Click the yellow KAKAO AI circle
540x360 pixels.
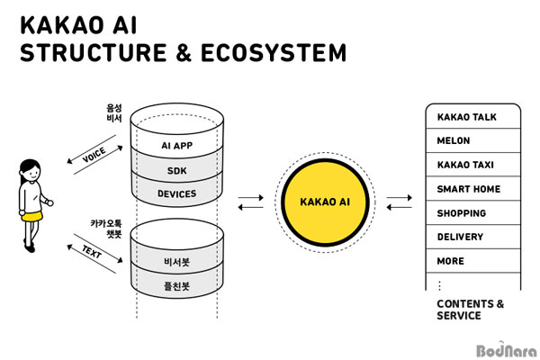click(325, 202)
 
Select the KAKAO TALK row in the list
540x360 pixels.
click(473, 116)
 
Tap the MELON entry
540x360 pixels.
click(473, 140)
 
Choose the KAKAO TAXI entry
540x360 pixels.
click(473, 165)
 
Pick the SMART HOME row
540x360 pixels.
click(473, 189)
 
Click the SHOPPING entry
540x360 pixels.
click(473, 213)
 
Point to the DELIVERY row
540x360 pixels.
click(473, 237)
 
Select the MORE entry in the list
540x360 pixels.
click(473, 261)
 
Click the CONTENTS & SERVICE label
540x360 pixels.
click(470, 310)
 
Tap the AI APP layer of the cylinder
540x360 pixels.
click(177, 146)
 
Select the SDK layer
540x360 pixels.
click(177, 170)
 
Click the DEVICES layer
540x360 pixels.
click(177, 193)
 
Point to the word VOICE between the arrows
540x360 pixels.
click(94, 155)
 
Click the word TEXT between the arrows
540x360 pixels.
click(92, 252)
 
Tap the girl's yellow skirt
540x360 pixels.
click(32, 216)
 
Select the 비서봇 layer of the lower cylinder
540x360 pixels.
click(177, 262)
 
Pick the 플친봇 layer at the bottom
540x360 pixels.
click(177, 286)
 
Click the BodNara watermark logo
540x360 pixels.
click(507, 350)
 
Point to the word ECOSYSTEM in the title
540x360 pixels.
click(274, 53)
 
